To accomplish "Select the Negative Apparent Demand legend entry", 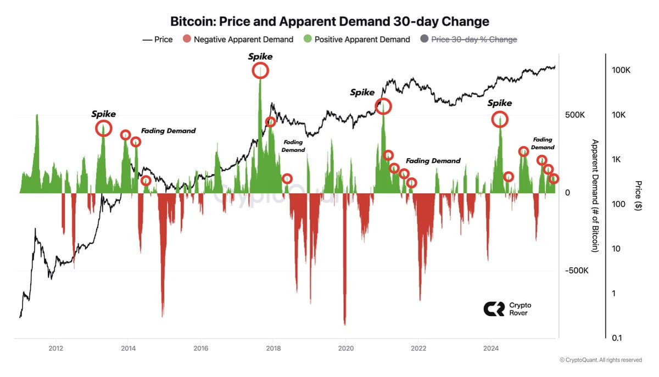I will [238, 39].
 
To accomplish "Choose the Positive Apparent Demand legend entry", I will [357, 39].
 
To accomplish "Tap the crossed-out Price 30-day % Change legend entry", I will [468, 39].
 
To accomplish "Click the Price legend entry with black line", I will [158, 39].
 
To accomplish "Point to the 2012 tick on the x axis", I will [55, 347].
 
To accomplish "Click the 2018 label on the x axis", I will [273, 347].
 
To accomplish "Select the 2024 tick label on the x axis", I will [491, 347].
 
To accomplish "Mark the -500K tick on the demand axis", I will [577, 271].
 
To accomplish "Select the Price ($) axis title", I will [638, 195].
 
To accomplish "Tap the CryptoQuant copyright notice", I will [600, 360].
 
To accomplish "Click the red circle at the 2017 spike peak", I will [260, 70].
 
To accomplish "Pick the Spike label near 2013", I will [103, 114].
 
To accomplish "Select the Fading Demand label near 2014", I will [168, 131].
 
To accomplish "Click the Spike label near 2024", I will [500, 103].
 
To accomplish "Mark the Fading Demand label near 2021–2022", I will [433, 161].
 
